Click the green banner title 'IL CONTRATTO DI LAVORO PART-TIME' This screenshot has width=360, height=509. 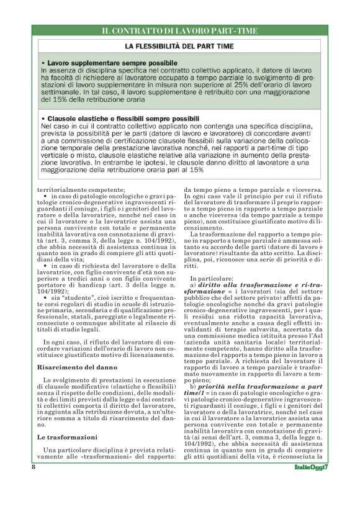(x=179, y=30)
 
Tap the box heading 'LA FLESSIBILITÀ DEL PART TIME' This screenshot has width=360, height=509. (x=179, y=47)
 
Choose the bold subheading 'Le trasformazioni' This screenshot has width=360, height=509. (x=62, y=438)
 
